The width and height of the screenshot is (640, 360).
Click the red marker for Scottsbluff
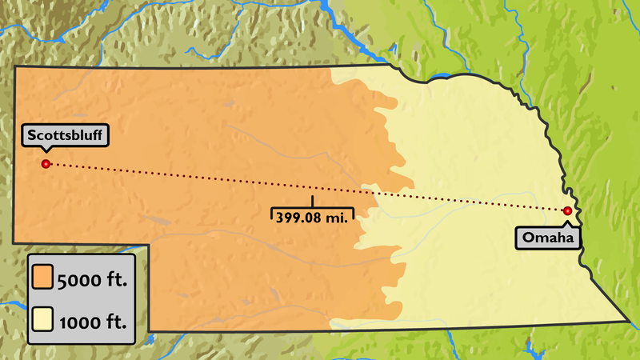click(46, 164)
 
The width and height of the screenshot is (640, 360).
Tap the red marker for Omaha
click(567, 211)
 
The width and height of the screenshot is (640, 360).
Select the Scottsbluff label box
click(65, 134)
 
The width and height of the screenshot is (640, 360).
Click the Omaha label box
click(547, 237)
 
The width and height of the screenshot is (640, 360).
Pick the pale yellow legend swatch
click(42, 322)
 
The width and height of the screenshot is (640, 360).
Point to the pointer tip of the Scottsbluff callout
click(46, 150)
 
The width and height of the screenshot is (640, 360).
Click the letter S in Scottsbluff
click(29, 134)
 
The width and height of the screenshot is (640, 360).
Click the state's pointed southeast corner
click(630, 322)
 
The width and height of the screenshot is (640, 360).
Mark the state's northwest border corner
click(15, 67)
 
